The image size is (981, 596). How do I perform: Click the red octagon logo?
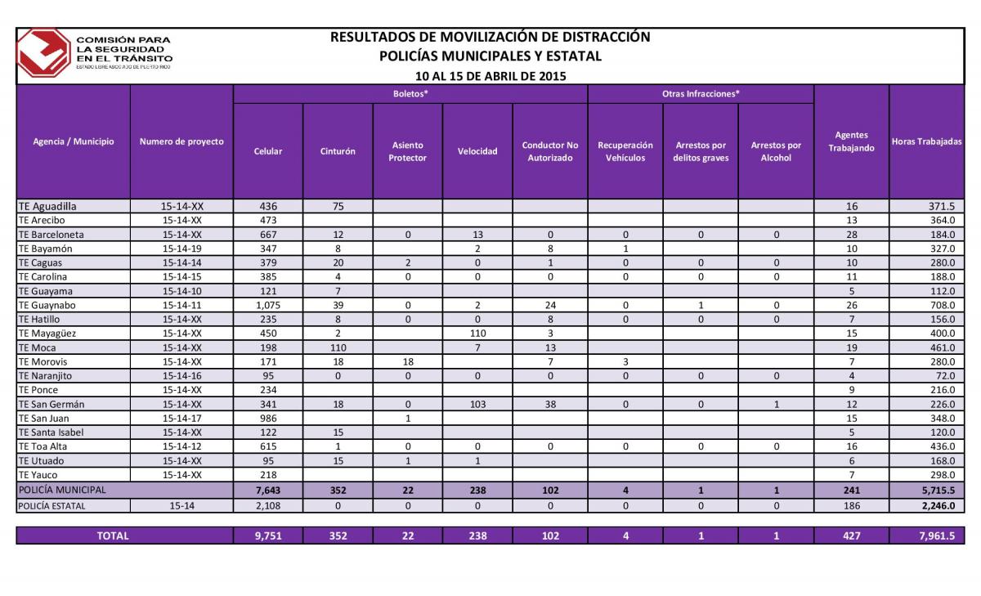(43, 53)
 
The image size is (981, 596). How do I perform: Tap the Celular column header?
(267, 151)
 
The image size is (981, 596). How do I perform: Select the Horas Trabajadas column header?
(926, 141)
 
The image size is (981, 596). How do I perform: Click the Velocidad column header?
(477, 151)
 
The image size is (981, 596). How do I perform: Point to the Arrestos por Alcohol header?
(776, 151)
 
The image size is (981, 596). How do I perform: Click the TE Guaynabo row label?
(47, 305)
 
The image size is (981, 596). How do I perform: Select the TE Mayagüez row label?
(47, 334)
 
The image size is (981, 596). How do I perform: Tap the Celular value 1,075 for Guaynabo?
(268, 305)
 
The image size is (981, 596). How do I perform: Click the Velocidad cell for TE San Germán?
(477, 404)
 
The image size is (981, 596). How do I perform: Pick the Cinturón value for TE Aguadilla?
(338, 206)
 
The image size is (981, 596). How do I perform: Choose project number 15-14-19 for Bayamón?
(181, 249)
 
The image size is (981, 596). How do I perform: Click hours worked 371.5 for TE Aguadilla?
(942, 206)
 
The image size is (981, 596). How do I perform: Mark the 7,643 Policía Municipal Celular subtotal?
(268, 491)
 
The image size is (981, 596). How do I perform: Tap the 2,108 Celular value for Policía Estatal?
(268, 506)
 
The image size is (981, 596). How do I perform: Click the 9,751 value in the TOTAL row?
(268, 536)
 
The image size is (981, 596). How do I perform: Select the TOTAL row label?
(113, 536)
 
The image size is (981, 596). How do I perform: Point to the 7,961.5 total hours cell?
(937, 536)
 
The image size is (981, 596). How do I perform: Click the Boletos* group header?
(410, 94)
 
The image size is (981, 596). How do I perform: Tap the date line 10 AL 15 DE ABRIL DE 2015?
(490, 76)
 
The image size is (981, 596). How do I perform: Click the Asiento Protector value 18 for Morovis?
(408, 361)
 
